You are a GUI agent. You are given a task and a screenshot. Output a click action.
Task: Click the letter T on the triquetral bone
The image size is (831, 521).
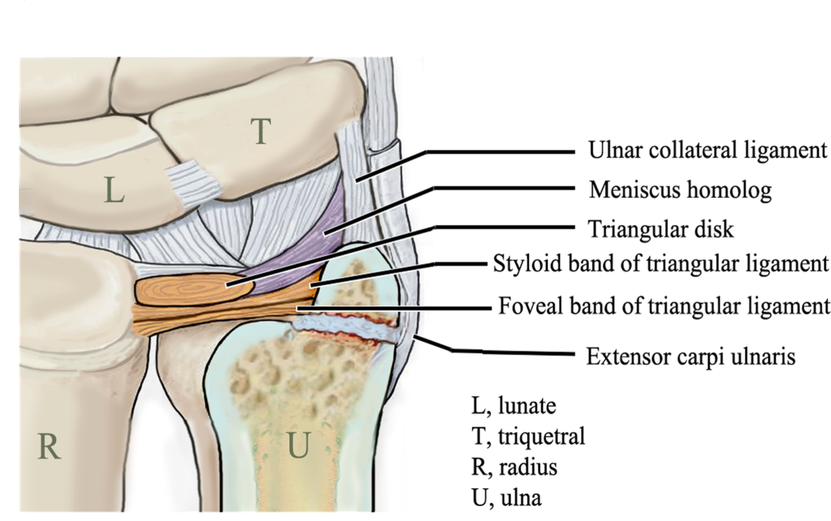click(260, 131)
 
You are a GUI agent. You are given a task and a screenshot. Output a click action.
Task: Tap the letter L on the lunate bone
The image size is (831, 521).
click(114, 190)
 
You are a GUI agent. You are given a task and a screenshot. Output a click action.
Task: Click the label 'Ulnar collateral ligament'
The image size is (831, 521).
click(707, 150)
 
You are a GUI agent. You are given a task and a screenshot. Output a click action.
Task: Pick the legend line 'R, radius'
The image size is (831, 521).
click(512, 467)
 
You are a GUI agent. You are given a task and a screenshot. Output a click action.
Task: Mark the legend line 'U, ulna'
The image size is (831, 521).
click(505, 497)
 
